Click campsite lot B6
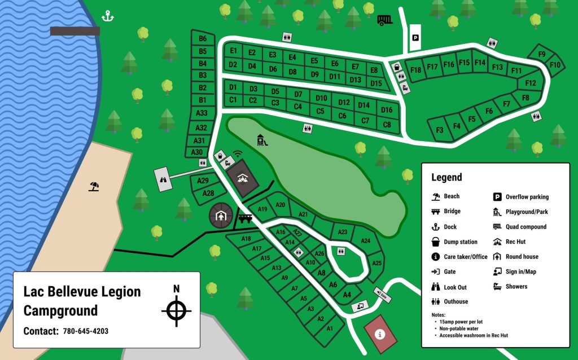click(203, 38)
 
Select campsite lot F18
click(416, 70)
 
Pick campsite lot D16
click(387, 110)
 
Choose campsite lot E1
click(233, 51)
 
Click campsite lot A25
click(377, 263)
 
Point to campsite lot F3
click(440, 130)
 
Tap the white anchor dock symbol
click(107, 16)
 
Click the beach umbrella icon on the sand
click(94, 186)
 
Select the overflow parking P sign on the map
click(415, 38)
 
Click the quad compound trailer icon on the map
click(385, 20)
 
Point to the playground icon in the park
click(261, 140)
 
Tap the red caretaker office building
click(380, 334)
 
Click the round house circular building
click(221, 215)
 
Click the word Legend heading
click(446, 177)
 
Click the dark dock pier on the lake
click(75, 31)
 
